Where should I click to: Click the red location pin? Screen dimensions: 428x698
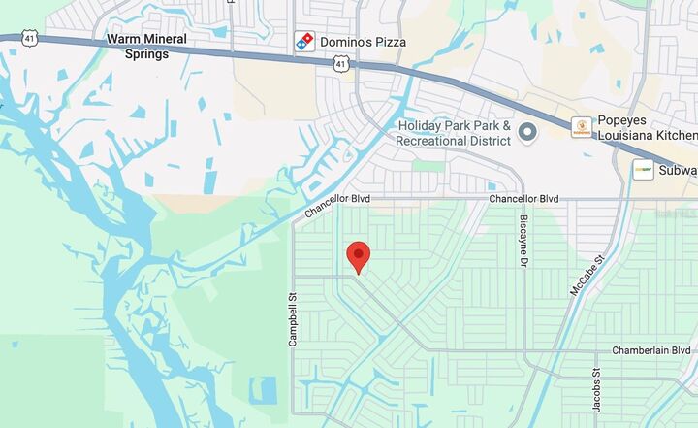pyautogui.click(x=359, y=256)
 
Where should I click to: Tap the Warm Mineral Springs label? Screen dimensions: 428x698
pyautogui.click(x=146, y=48)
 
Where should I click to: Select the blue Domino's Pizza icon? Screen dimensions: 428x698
pyautogui.click(x=304, y=42)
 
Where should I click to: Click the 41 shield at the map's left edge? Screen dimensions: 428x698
pyautogui.click(x=6, y=37)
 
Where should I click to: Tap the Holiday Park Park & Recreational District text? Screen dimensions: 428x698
pyautogui.click(x=453, y=133)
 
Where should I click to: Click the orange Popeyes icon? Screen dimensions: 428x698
pyautogui.click(x=581, y=126)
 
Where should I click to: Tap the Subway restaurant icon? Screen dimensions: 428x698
pyautogui.click(x=642, y=170)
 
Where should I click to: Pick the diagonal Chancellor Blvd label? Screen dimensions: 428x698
pyautogui.click(x=337, y=199)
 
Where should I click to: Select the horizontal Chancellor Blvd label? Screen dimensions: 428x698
pyautogui.click(x=523, y=198)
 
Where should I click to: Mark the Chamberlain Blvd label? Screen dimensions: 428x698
pyautogui.click(x=650, y=350)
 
